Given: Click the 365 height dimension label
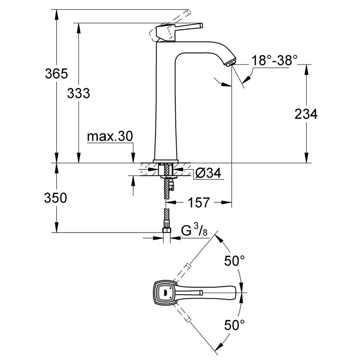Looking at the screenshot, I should point(56,74).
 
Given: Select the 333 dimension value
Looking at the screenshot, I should point(78,93).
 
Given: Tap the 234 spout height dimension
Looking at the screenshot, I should point(306,114).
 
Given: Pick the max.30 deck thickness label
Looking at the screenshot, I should point(110,136).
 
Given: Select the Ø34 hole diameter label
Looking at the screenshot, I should point(208,173).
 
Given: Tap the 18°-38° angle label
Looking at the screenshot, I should point(272,60).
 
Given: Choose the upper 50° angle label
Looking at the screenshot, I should point(234,261).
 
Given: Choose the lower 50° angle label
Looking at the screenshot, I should point(234,325).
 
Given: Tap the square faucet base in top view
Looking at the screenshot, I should point(163,292).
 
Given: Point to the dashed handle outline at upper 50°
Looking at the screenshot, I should point(186,269).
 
